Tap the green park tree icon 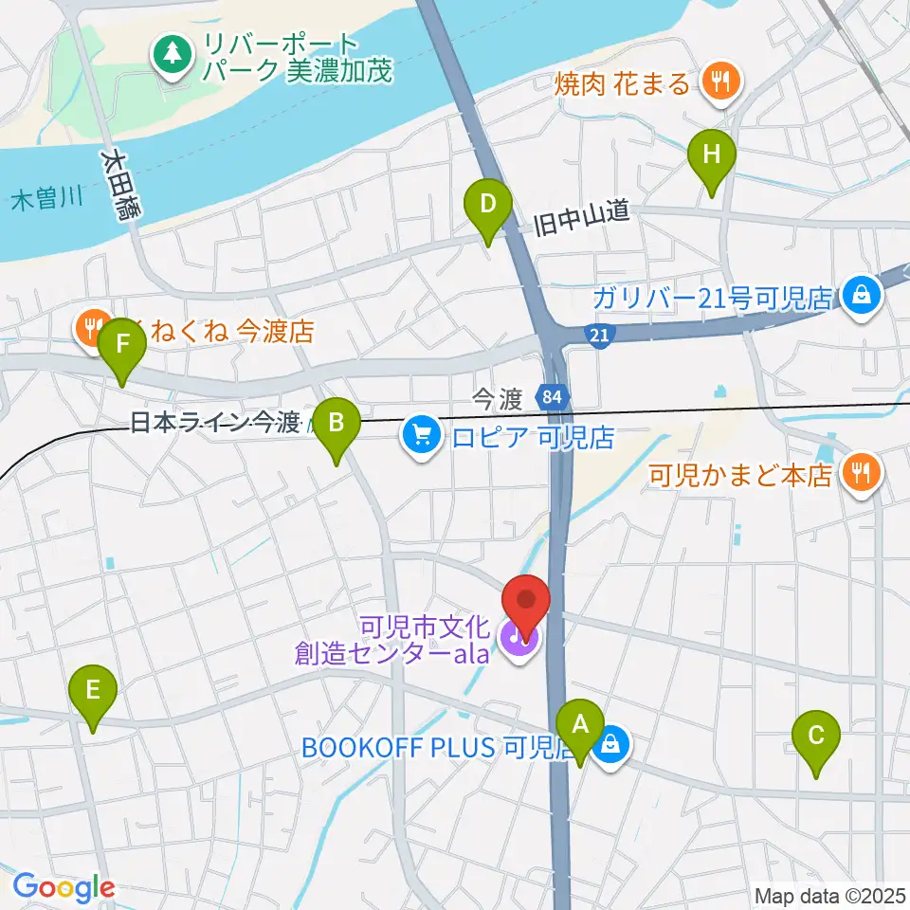[173, 56]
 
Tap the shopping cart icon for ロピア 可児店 [418, 436]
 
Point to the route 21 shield [598, 336]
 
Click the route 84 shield [552, 398]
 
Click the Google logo [63, 887]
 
